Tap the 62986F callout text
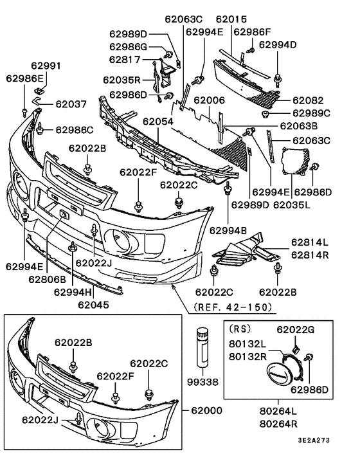252,31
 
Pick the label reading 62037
71,104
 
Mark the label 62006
209,101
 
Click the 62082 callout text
312,101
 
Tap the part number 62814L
309,242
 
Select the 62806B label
47,279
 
